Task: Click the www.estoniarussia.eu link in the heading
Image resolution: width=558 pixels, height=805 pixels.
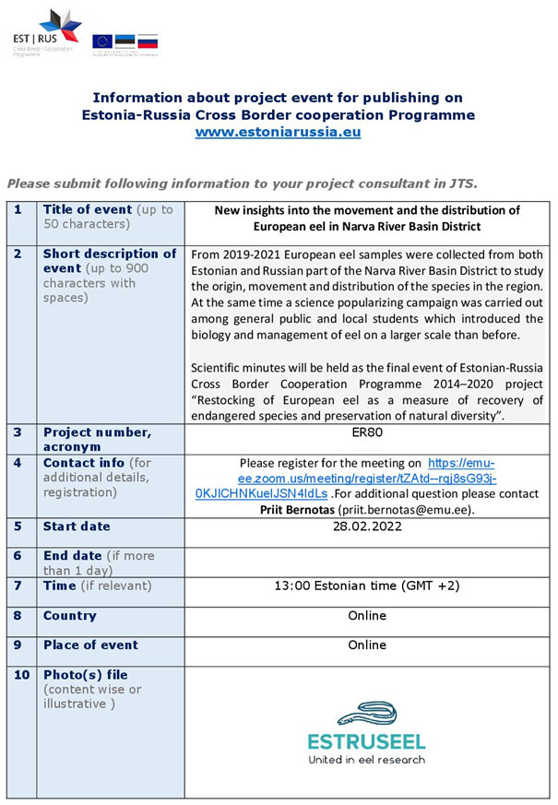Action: click(x=278, y=132)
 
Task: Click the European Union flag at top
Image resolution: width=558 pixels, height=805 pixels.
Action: click(x=101, y=41)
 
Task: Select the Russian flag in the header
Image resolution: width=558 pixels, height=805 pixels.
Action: click(x=148, y=41)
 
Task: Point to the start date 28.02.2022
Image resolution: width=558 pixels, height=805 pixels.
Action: click(x=366, y=527)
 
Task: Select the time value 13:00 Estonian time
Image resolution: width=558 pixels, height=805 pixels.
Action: click(x=366, y=586)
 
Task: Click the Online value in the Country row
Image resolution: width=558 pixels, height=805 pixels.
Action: click(x=366, y=615)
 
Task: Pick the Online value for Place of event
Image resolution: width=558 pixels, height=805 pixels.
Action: click(x=366, y=645)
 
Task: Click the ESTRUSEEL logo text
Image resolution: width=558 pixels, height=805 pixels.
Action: click(x=366, y=741)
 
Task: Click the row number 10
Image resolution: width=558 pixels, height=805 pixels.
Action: click(x=21, y=675)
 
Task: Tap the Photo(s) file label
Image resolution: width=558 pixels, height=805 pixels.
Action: click(x=84, y=675)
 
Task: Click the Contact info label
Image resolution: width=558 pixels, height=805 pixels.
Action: click(x=84, y=462)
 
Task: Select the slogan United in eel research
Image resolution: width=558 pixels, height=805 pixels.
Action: click(x=366, y=760)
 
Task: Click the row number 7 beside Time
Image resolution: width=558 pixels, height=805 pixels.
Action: click(x=18, y=586)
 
